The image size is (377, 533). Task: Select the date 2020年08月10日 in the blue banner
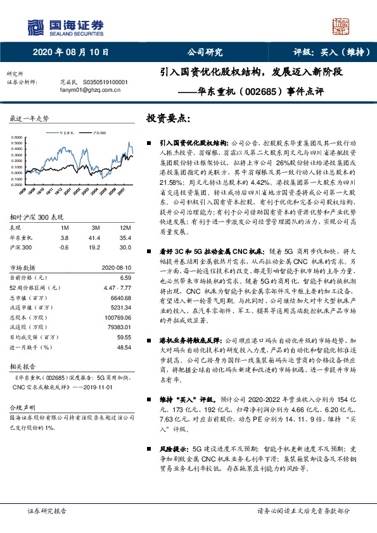tap(70, 53)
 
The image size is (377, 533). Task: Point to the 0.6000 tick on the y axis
tap(18, 137)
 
